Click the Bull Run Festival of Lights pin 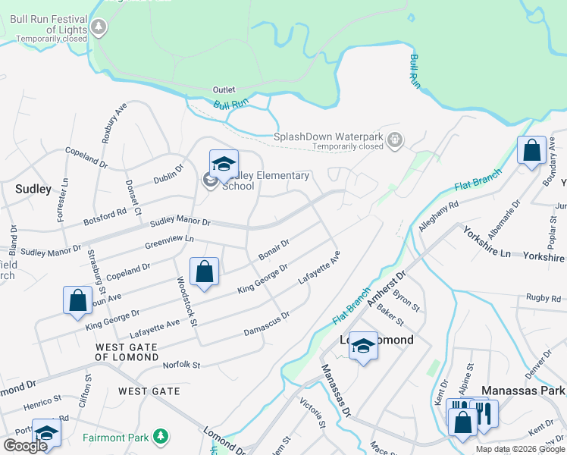point(99,27)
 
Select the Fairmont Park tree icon point(160,435)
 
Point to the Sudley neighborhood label point(33,189)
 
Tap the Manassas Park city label point(525,391)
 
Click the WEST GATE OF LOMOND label point(127,352)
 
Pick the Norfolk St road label point(182,365)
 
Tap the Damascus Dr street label point(267,324)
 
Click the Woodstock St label point(186,301)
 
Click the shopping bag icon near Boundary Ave point(531,150)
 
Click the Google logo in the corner point(25,446)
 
